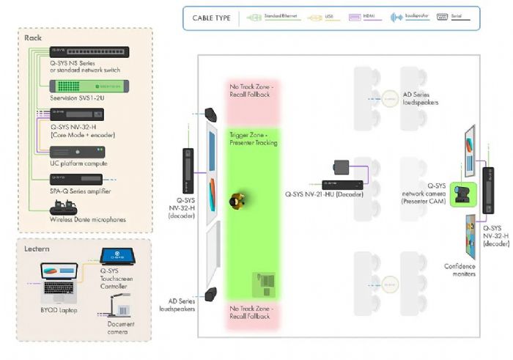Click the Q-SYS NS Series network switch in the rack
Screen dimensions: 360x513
click(78, 51)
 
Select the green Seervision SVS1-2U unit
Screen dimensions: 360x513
click(78, 86)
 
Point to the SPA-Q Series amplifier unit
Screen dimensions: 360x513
click(76, 178)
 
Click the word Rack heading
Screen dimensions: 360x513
click(33, 37)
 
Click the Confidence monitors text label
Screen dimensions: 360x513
click(460, 270)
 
